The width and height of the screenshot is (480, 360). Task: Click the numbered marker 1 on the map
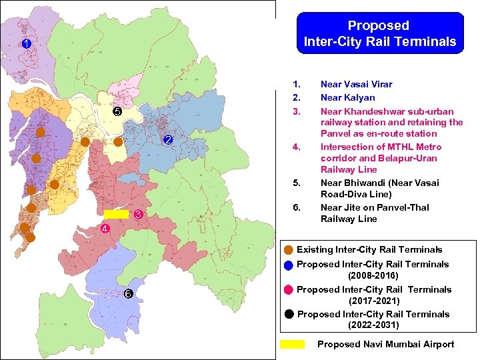click(x=25, y=44)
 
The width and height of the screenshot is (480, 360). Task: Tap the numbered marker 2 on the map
click(x=168, y=140)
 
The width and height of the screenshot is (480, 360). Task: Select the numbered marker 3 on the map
click(x=137, y=215)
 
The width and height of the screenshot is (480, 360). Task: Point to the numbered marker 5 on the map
click(x=116, y=111)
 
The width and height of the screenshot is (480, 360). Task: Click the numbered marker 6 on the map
click(x=128, y=295)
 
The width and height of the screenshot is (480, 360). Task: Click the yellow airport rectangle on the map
click(x=116, y=215)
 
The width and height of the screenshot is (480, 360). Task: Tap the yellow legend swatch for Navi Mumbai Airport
click(x=292, y=344)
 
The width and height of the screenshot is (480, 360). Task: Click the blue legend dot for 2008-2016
click(x=288, y=265)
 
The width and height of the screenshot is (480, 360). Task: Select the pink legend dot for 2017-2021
click(x=288, y=289)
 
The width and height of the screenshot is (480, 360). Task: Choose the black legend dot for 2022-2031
click(x=288, y=315)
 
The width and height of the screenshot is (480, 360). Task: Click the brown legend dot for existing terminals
click(x=288, y=250)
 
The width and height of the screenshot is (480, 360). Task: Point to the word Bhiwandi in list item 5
click(x=365, y=183)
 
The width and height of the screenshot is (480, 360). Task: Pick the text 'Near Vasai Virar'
click(x=356, y=84)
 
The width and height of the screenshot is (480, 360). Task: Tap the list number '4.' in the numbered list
click(x=297, y=147)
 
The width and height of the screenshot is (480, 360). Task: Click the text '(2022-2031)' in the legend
click(x=373, y=325)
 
